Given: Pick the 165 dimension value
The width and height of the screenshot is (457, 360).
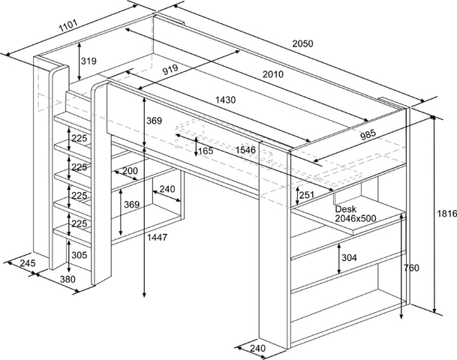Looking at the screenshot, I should [x=206, y=151].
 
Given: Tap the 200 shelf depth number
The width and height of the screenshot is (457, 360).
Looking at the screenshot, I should [x=130, y=171].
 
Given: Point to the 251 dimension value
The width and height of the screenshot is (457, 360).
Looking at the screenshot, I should [x=307, y=196].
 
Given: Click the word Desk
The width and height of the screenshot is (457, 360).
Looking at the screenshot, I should [x=345, y=208].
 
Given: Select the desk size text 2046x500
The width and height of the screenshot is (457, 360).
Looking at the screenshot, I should [x=356, y=218].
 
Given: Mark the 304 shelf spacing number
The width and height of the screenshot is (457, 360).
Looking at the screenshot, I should [x=350, y=258].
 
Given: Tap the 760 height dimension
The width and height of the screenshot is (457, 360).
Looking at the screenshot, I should [x=411, y=268].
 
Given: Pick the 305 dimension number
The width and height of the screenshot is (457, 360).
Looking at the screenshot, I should [x=79, y=255].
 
